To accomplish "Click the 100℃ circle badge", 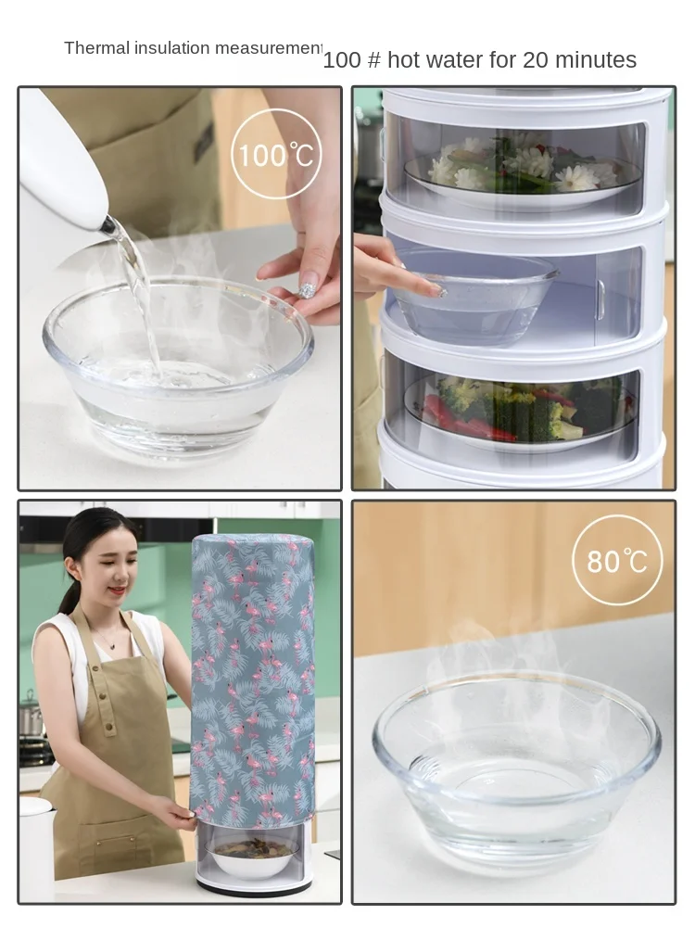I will (275, 154).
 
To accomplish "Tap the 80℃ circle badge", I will (616, 560).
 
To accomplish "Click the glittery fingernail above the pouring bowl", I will (307, 291).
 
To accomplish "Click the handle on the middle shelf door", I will (600, 298).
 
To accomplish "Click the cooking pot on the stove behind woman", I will (31, 718).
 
